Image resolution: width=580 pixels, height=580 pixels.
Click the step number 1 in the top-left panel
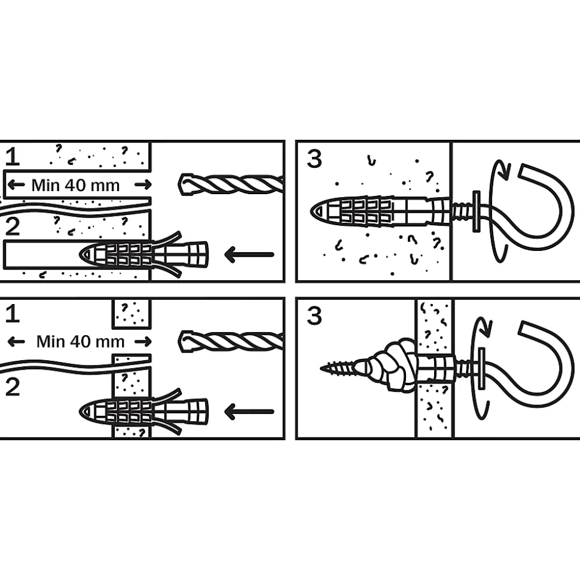[12, 157]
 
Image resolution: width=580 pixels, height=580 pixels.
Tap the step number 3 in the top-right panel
[315, 159]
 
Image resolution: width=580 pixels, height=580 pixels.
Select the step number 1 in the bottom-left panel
[12, 314]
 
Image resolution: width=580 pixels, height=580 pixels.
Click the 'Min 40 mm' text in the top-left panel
[75, 185]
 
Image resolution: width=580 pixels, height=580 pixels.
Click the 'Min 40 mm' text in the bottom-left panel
[80, 342]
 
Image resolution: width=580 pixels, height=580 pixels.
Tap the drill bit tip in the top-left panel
[180, 184]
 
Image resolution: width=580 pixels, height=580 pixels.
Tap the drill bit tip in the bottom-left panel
[180, 340]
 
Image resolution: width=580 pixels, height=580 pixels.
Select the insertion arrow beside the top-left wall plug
[249, 254]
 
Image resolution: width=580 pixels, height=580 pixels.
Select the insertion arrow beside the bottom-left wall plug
[249, 412]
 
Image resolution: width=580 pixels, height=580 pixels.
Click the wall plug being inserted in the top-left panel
[144, 254]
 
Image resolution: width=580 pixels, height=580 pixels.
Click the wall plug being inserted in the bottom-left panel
[144, 411]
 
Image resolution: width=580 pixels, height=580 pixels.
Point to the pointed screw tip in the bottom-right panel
[322, 369]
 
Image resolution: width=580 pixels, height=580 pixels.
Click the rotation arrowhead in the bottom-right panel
[486, 326]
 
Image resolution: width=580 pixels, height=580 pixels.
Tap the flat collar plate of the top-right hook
[477, 211]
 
